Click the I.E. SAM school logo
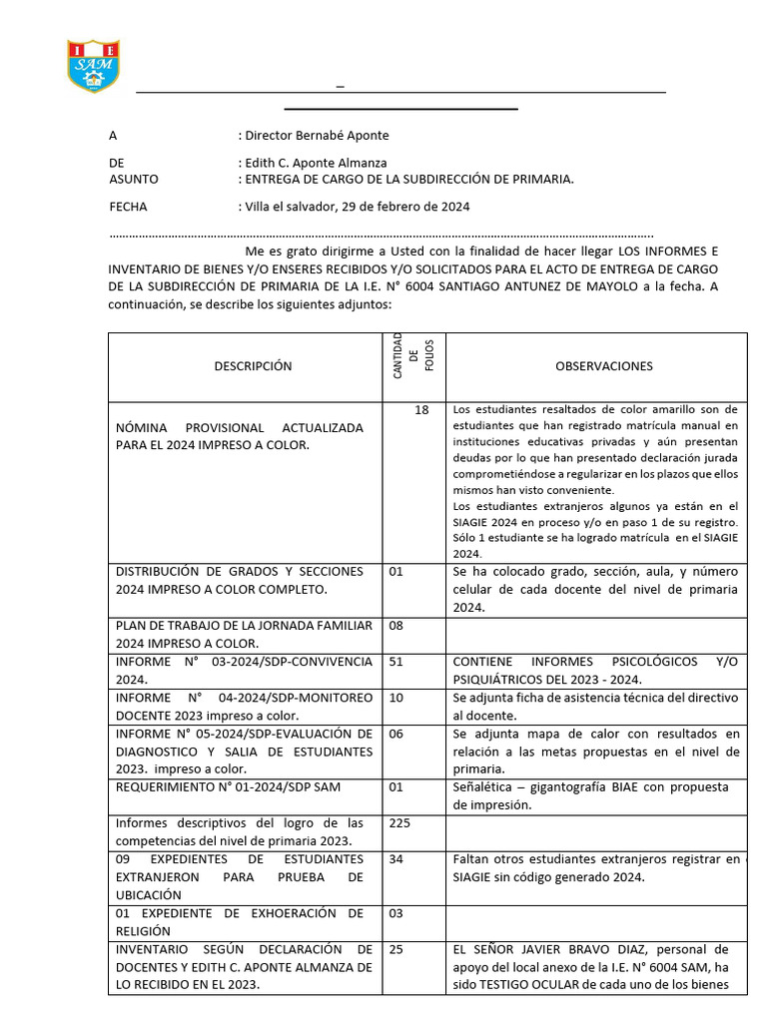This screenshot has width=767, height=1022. (93, 67)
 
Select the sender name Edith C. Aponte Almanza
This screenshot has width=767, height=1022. (316, 163)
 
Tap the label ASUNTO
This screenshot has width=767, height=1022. (133, 179)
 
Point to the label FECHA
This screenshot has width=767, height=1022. (128, 207)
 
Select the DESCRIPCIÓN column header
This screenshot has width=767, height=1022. (253, 366)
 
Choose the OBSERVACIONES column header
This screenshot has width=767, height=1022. (603, 366)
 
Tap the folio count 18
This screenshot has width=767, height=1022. (421, 410)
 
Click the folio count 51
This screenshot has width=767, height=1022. (396, 662)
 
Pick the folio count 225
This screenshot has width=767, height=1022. (399, 823)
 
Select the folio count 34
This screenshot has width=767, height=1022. (396, 859)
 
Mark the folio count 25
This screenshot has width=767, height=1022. (396, 949)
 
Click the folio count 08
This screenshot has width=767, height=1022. (396, 626)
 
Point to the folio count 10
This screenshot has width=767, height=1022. (396, 698)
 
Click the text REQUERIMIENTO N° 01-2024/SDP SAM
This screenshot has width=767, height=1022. (228, 787)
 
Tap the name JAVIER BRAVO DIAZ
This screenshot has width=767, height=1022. (583, 949)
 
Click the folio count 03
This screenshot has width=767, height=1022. (396, 913)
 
